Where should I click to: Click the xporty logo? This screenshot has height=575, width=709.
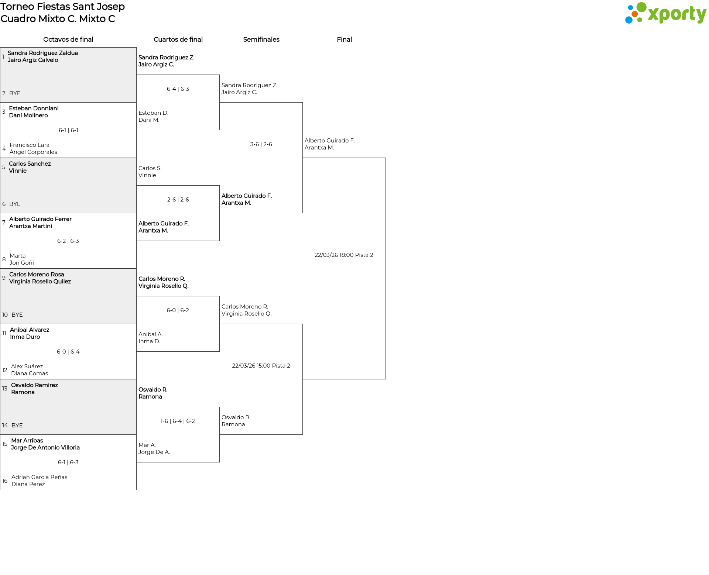[665, 13]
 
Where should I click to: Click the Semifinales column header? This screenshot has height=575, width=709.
[261, 39]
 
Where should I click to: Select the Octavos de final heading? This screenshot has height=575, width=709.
[68, 39]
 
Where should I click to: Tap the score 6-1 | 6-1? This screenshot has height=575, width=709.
[68, 130]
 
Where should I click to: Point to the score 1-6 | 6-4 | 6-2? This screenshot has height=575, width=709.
[178, 421]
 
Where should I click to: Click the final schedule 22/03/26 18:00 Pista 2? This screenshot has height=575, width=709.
[344, 255]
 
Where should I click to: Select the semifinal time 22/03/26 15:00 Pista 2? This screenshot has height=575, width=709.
[261, 366]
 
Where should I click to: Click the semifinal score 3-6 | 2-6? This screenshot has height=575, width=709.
[261, 144]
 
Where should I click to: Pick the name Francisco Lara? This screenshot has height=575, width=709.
[30, 145]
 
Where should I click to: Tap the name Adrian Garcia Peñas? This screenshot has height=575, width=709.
[40, 477]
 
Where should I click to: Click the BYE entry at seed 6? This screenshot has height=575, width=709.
[15, 204]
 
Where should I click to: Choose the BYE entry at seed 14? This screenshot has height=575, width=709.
[17, 426]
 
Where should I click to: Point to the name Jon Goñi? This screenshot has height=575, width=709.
[22, 263]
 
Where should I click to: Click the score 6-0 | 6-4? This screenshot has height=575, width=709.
[68, 352]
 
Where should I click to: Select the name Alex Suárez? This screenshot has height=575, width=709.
[27, 366]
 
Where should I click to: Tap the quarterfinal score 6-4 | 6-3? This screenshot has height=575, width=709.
[178, 89]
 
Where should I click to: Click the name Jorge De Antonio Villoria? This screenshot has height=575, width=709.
[45, 448]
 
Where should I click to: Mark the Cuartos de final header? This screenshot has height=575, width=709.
[178, 39]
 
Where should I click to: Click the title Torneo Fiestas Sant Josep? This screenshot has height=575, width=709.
[63, 7]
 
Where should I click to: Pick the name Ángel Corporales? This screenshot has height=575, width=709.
[33, 152]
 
